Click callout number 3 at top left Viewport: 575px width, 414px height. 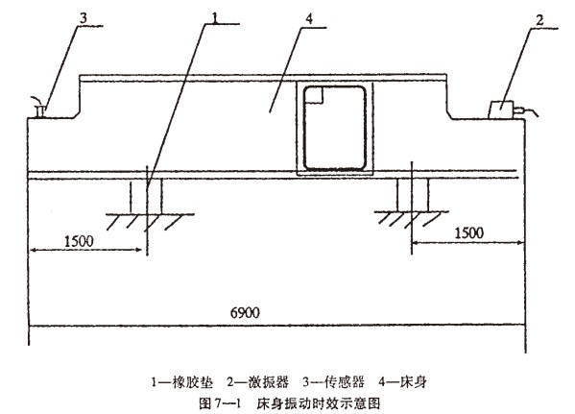point(84,18)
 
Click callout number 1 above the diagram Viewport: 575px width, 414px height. point(215,16)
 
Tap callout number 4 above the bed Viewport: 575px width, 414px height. point(309,19)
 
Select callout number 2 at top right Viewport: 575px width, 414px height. point(539,20)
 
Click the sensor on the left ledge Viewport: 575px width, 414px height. point(39,109)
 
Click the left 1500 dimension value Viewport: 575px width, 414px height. point(79,241)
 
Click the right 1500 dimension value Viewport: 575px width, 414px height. point(469,232)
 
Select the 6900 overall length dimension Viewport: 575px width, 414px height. point(245,313)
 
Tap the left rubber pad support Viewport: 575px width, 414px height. point(146,196)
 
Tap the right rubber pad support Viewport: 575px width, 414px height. point(413,195)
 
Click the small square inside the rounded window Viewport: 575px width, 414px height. point(314,95)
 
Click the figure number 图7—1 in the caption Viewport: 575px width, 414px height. point(220,403)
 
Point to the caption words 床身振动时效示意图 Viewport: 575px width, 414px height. point(318,403)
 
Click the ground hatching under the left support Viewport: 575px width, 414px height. point(150,222)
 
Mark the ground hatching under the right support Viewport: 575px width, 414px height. point(411,219)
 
